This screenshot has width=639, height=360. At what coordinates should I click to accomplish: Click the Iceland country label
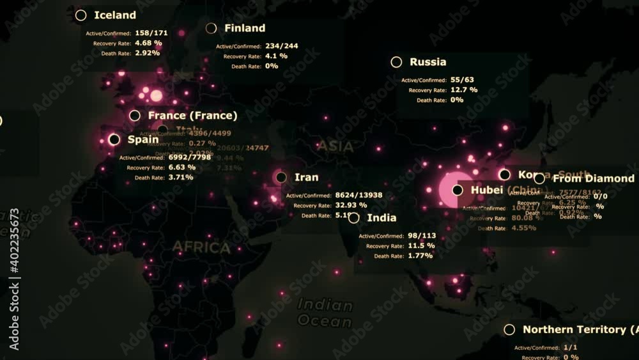click(x=115, y=15)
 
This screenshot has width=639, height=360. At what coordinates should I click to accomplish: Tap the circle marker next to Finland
click(x=212, y=28)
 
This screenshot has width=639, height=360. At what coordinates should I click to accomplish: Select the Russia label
click(x=428, y=62)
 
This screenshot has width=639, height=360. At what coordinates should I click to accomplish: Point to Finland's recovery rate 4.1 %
click(x=276, y=56)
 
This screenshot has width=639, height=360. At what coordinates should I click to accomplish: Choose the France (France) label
click(x=192, y=116)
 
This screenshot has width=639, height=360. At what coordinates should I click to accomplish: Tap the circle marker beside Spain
click(x=114, y=139)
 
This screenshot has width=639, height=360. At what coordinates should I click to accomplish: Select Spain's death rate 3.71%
click(x=181, y=177)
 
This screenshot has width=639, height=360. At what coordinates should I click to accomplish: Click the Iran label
click(x=307, y=177)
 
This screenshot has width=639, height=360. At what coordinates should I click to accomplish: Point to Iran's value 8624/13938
click(x=358, y=195)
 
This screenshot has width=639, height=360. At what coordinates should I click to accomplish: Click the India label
click(x=382, y=218)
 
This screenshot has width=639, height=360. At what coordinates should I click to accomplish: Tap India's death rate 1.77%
click(x=420, y=256)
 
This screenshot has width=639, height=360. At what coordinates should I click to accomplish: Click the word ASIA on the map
click(x=335, y=146)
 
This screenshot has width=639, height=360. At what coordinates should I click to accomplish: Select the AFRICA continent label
click(x=201, y=247)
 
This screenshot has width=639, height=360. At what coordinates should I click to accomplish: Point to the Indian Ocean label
click(x=325, y=313)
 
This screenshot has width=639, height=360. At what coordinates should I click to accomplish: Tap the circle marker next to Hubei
click(x=458, y=190)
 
